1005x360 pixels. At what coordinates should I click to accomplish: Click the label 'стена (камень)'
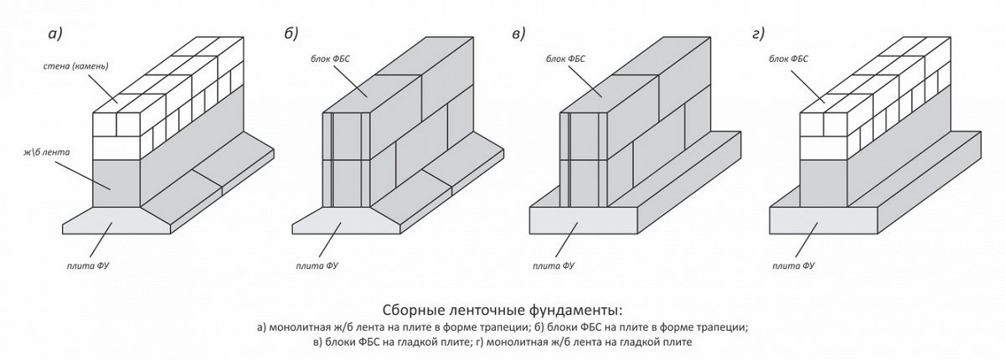(x=78, y=66)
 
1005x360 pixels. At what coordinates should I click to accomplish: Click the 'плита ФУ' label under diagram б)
(x=316, y=267)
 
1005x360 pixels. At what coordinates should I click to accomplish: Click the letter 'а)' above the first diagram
(x=56, y=33)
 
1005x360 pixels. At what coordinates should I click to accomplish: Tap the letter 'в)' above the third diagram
(x=518, y=33)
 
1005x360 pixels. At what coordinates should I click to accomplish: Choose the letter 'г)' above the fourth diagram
(x=759, y=33)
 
